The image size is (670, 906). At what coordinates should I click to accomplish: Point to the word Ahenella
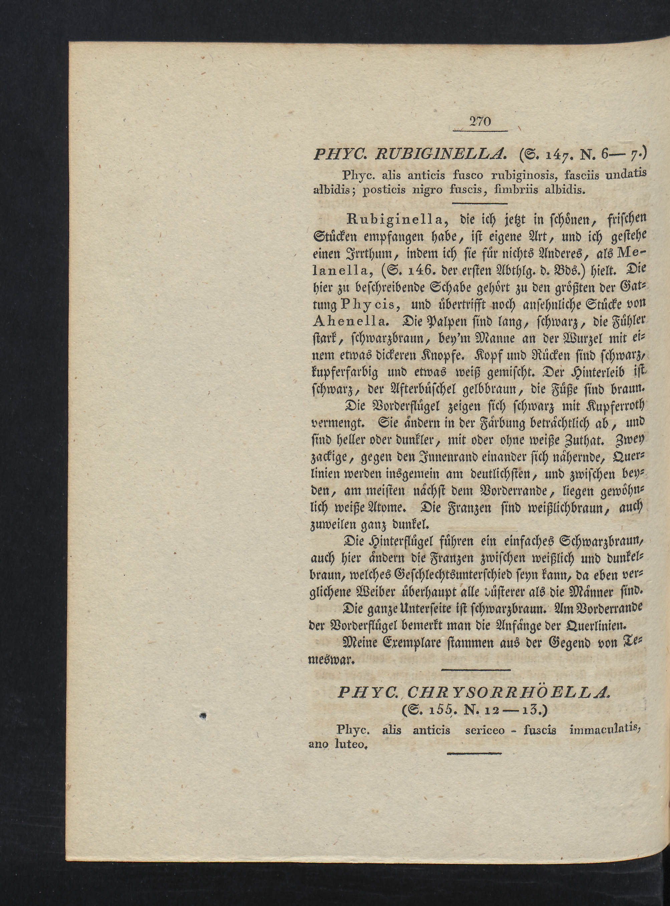351,321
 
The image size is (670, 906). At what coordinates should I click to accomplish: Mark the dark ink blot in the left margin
204,716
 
